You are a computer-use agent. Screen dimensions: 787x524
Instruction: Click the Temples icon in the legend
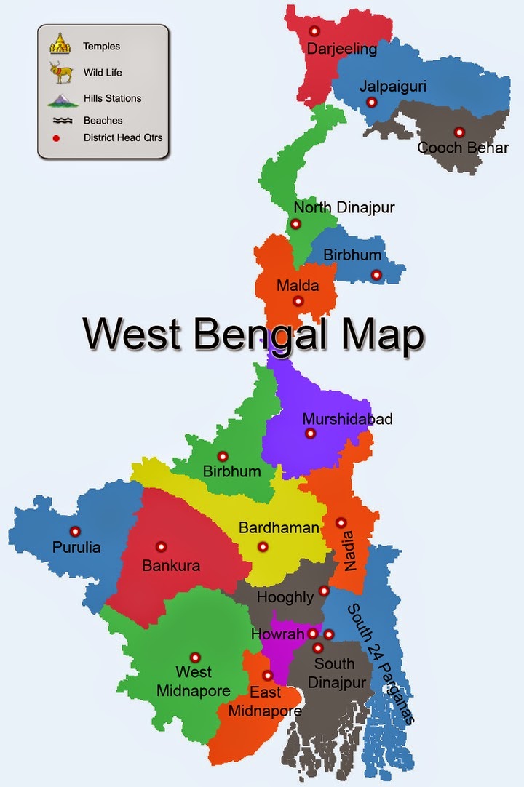click(60, 44)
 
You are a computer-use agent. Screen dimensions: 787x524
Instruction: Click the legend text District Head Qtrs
click(122, 137)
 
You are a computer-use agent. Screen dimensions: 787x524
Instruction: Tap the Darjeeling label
click(341, 49)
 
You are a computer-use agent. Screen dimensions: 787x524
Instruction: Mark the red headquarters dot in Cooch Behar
click(458, 132)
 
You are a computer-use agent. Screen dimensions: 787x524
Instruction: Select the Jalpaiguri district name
click(392, 87)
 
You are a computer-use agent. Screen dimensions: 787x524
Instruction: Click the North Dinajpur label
click(344, 208)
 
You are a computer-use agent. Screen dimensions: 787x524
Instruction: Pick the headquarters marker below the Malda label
click(298, 301)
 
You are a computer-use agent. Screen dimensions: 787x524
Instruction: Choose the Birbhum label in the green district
click(231, 471)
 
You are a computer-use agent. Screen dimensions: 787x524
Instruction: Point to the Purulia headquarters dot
click(74, 531)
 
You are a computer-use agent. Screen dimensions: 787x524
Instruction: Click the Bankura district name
click(171, 565)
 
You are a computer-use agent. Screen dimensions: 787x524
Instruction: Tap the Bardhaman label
click(279, 528)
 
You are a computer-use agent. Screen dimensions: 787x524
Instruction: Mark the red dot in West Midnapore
click(195, 657)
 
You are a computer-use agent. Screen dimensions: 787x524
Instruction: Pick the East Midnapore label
click(266, 701)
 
